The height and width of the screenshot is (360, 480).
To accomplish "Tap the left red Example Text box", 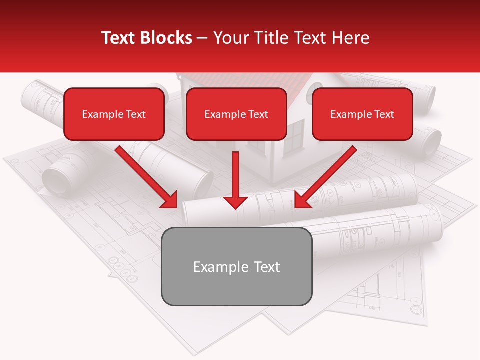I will pos(114,114).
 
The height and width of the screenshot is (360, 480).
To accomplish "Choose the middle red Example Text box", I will pos(236,114).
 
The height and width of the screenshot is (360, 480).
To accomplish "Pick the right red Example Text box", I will pos(362,114).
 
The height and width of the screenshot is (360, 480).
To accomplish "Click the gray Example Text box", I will pos(237,266).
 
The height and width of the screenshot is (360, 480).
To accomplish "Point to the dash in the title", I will pos(203,38).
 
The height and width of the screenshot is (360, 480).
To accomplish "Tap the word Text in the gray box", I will pos(267,267).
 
